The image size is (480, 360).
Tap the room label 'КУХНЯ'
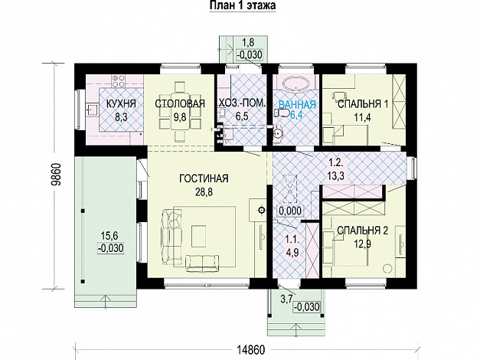tap(120, 104)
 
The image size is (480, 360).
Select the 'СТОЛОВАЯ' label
tap(180, 104)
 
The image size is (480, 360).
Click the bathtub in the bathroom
tap(296, 84)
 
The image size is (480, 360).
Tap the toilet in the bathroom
tap(282, 114)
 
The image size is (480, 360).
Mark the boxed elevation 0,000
tap(289, 210)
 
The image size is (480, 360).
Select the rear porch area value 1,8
tap(248, 42)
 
